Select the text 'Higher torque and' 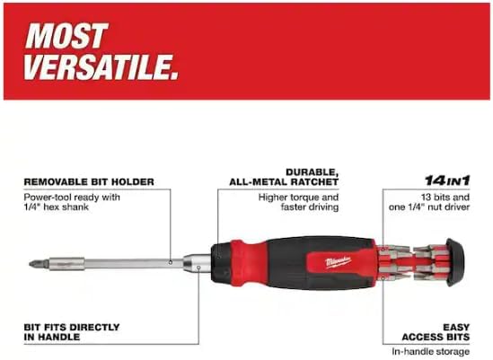click(x=297, y=196)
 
